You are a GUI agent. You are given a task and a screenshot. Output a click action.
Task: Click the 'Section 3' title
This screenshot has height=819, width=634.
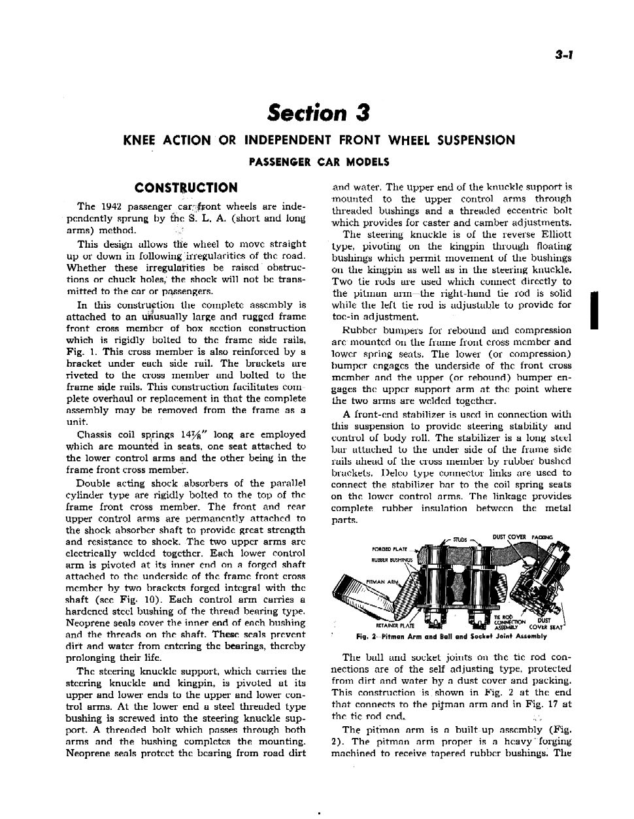pyautogui.click(x=318, y=112)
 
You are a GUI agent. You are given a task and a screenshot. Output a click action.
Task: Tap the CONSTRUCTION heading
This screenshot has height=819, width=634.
pyautogui.click(x=186, y=188)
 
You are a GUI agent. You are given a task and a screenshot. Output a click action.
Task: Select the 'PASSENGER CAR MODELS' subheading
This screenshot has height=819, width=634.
pyautogui.click(x=318, y=162)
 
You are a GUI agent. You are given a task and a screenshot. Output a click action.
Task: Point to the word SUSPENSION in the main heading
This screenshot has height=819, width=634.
pyautogui.click(x=476, y=140)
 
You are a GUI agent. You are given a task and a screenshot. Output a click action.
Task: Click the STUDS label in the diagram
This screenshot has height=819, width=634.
pyautogui.click(x=460, y=541)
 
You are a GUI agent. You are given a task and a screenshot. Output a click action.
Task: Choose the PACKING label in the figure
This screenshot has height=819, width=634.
pyautogui.click(x=542, y=537)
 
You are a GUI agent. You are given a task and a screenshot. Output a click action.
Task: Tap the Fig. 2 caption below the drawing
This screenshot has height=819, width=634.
pyautogui.click(x=452, y=636)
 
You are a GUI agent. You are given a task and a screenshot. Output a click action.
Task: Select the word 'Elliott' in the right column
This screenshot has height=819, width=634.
pyautogui.click(x=554, y=235)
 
